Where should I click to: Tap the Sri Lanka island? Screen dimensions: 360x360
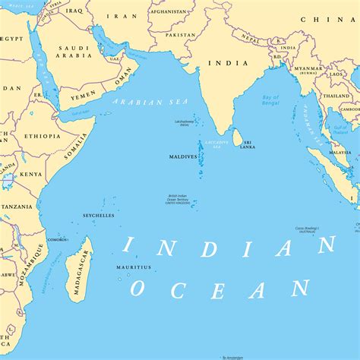click(x=237, y=137)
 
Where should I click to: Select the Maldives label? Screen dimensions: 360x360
click(x=183, y=156)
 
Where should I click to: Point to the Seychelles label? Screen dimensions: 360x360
click(x=99, y=216)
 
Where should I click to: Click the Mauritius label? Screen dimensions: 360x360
click(x=134, y=267)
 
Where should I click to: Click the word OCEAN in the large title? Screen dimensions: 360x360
click(x=219, y=289)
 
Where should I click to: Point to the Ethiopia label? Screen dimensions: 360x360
click(x=43, y=136)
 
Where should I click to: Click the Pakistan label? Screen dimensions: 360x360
click(x=180, y=35)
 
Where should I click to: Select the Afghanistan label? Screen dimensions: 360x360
click(x=168, y=12)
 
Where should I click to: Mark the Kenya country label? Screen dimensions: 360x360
click(x=31, y=174)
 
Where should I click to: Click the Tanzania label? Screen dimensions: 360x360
click(x=16, y=207)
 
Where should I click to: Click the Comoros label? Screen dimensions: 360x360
click(x=57, y=239)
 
